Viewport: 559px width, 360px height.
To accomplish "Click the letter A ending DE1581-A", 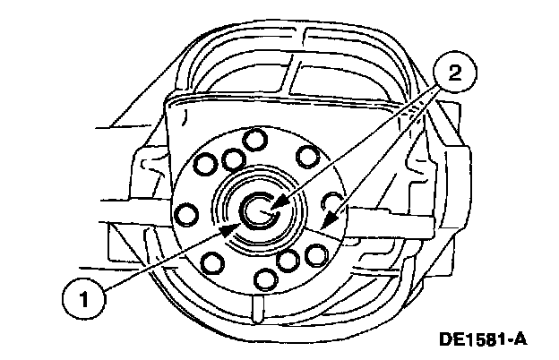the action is tap(520, 339).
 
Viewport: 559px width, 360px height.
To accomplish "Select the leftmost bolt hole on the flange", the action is tap(187, 214).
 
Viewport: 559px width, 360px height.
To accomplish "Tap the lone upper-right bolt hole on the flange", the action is tap(307, 157).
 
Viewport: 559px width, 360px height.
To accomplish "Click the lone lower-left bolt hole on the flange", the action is tap(213, 262).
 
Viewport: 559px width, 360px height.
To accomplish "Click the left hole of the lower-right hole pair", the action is tap(288, 262).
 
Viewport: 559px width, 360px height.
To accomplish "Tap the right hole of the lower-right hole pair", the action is tap(314, 255).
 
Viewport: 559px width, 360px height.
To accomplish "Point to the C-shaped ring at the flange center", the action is tap(258, 211).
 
